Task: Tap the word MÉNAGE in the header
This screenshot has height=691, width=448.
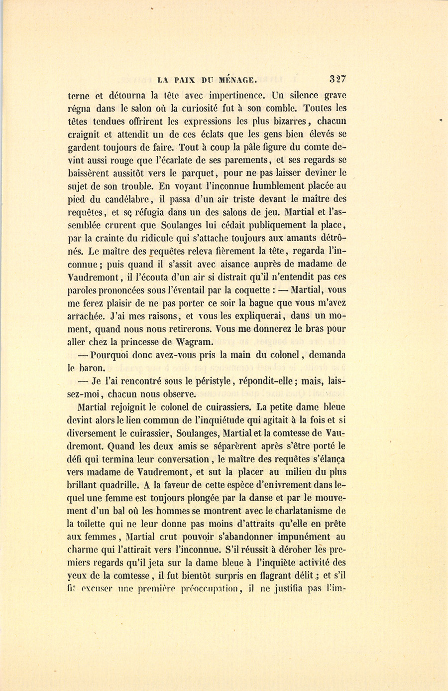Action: [238, 79]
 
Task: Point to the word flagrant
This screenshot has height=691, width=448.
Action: [259, 576]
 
